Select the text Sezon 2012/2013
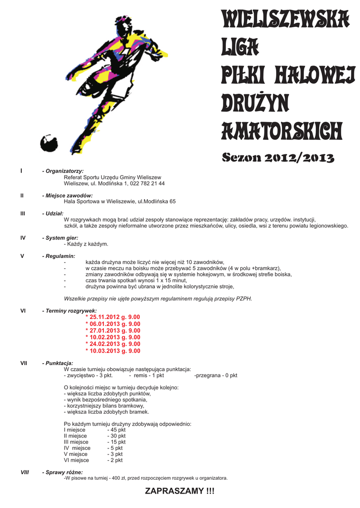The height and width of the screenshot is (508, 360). click(278, 158)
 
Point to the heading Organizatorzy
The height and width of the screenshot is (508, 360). click(63, 171)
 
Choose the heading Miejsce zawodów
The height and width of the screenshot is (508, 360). click(68, 195)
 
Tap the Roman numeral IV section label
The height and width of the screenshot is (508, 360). click(23, 238)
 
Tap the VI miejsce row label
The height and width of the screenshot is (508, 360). click(76, 460)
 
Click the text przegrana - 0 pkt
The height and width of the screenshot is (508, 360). click(216, 376)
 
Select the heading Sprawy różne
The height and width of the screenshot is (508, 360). click(63, 472)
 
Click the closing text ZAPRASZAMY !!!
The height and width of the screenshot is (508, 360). click(180, 491)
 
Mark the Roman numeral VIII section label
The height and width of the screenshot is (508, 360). click(24, 472)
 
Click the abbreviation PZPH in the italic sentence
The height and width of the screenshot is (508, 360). click(245, 299)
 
